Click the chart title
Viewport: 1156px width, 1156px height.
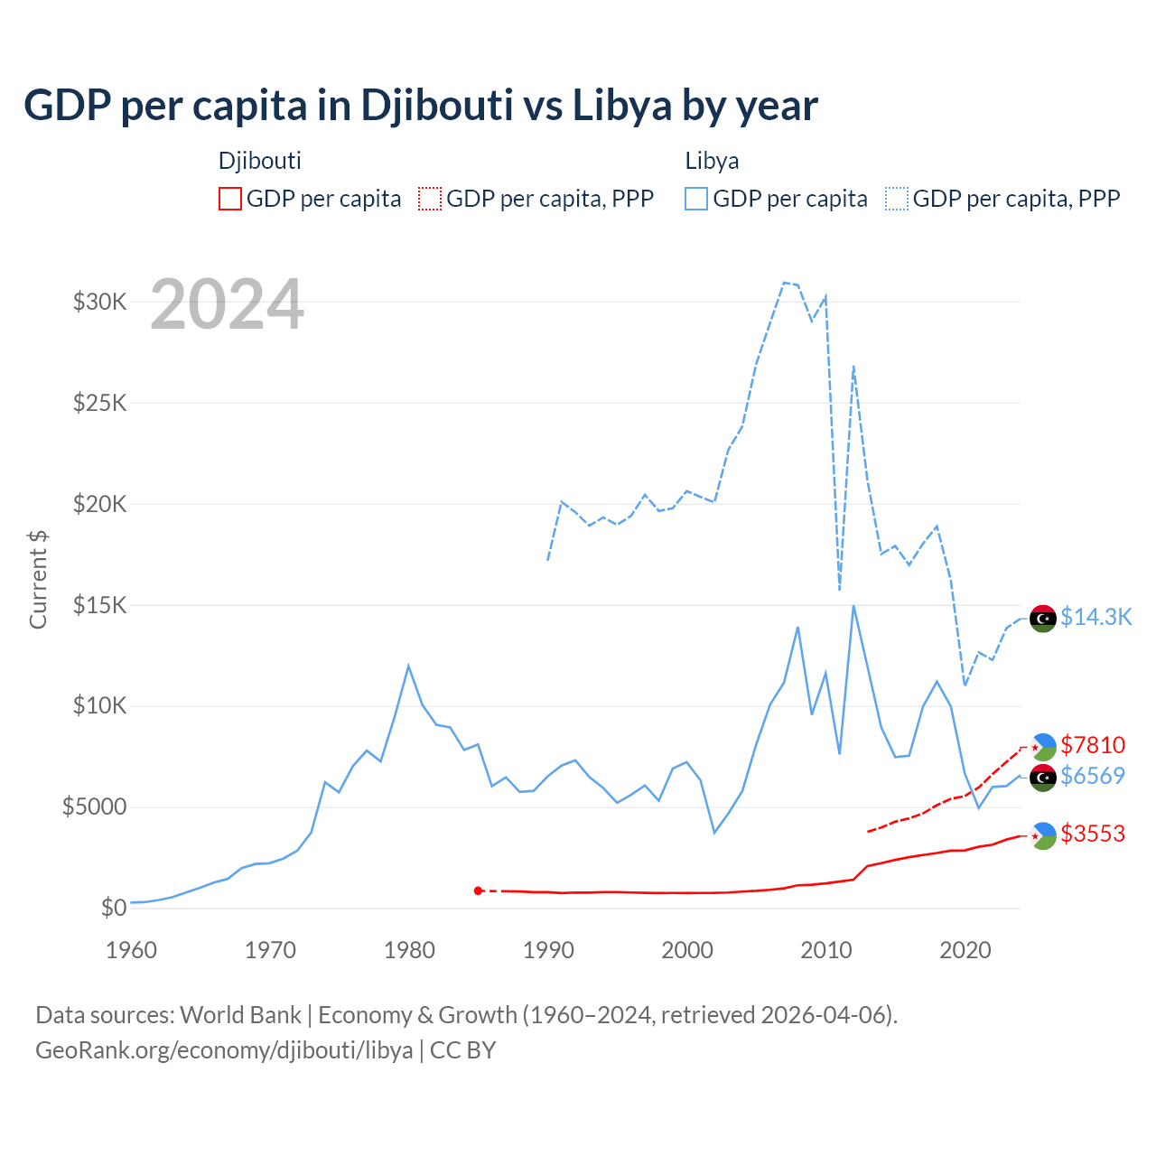[x=421, y=106]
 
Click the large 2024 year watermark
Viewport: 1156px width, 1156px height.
[x=227, y=304]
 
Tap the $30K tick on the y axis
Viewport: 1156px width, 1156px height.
[x=100, y=302]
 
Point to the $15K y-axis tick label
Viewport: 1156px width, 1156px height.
[x=100, y=604]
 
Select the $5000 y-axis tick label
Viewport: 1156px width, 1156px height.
[x=95, y=806]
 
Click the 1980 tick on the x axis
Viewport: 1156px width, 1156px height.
[x=409, y=950]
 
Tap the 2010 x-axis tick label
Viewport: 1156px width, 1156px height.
[x=826, y=950]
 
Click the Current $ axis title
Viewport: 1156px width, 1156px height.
[x=38, y=579]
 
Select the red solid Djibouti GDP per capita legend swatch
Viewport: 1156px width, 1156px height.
[x=230, y=199]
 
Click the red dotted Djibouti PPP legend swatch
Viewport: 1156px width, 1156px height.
[x=430, y=199]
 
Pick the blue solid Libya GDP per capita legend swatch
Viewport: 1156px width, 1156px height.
[x=696, y=199]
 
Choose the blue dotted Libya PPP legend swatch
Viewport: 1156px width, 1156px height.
[x=897, y=199]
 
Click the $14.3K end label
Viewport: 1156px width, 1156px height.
[x=1095, y=617]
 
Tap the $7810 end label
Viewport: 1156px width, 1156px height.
[x=1093, y=745]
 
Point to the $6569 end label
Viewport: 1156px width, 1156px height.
[x=1093, y=776]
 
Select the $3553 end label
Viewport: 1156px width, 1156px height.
[x=1093, y=834]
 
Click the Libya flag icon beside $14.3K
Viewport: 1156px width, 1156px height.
[x=1043, y=619]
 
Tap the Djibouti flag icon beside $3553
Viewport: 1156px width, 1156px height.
[x=1043, y=836]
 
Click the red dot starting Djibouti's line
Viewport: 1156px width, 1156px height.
[x=478, y=890]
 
